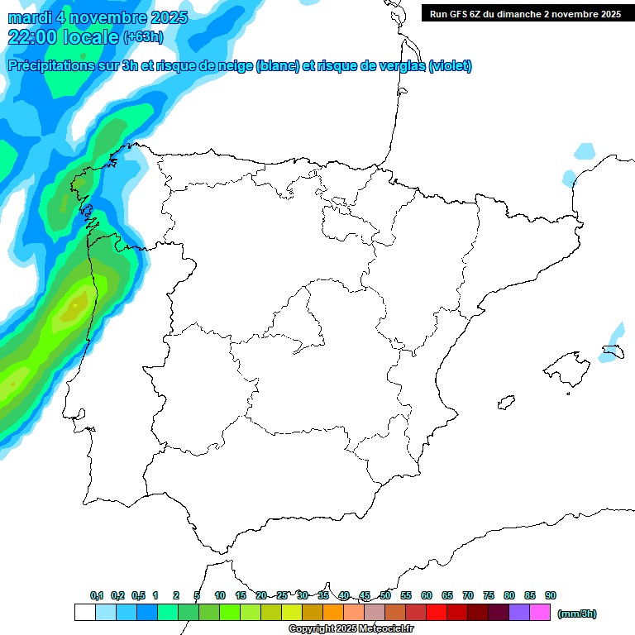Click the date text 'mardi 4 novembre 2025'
point(98,17)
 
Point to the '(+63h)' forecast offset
point(142,37)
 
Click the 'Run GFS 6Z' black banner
point(525,13)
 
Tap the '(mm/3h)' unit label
point(577,614)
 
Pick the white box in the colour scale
point(84,613)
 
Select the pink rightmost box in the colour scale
point(540,613)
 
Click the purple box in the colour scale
point(519,613)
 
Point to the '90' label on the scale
point(551,595)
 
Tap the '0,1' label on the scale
point(97,595)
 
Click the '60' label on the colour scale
point(427,595)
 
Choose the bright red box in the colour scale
point(437,613)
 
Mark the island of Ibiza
point(505,403)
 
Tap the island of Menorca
point(616,353)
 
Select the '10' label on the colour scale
point(220,595)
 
